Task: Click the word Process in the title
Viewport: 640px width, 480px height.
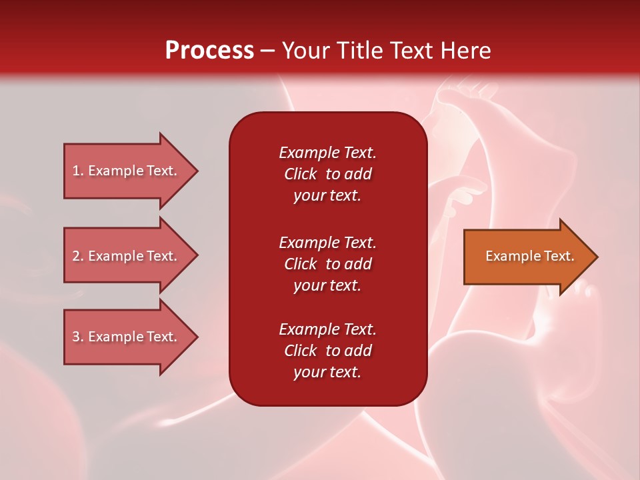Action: (209, 51)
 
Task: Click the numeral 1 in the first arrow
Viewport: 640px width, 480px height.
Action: (76, 171)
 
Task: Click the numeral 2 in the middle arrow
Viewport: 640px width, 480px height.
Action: (76, 256)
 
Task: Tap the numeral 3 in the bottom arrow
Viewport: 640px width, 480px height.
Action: (76, 337)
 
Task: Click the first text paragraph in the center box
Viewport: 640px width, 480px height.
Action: (327, 174)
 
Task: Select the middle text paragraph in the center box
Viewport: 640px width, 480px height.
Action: (327, 264)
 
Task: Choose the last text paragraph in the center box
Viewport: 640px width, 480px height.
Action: (327, 351)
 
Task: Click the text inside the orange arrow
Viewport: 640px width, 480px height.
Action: (529, 256)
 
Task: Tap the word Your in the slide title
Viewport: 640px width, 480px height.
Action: (304, 51)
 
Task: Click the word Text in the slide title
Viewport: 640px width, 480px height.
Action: (409, 51)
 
